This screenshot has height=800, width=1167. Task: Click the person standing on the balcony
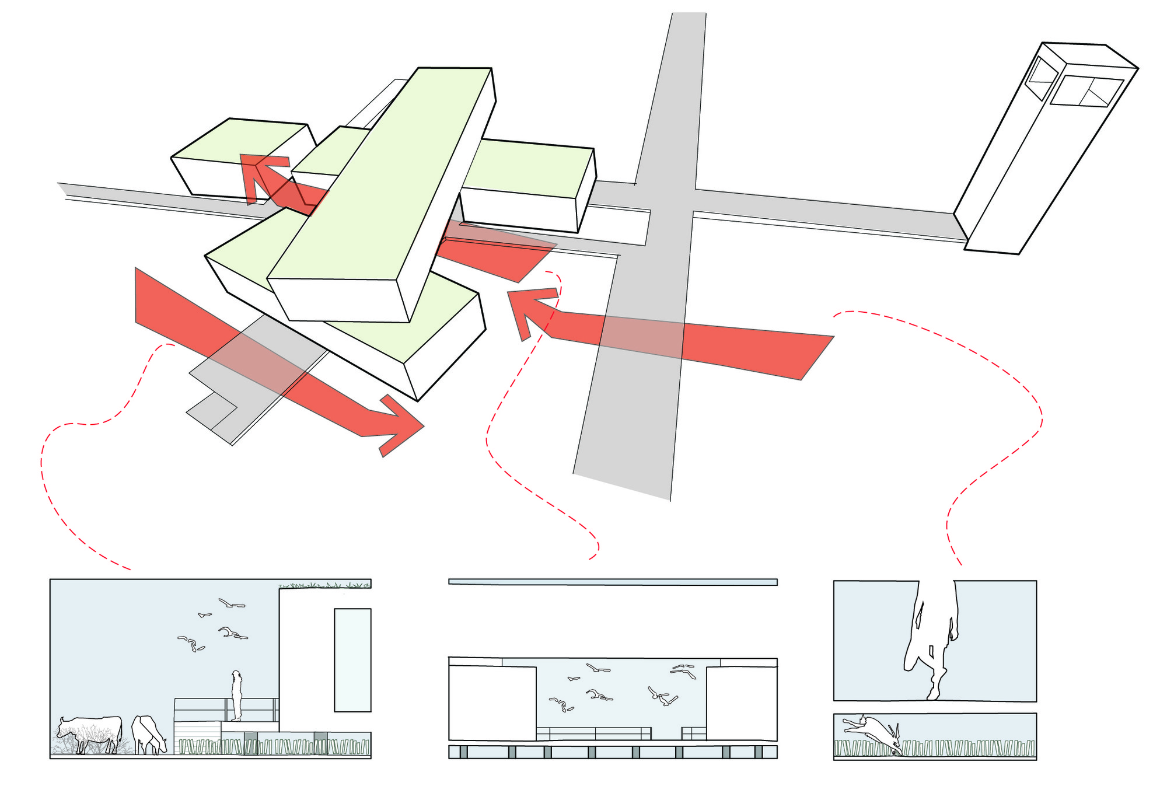click(236, 696)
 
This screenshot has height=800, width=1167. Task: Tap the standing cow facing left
click(90, 733)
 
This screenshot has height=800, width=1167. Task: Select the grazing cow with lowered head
click(148, 735)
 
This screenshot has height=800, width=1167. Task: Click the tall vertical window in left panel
click(352, 660)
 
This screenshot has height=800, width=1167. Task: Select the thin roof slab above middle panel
click(613, 582)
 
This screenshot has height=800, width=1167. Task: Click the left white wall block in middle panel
click(492, 703)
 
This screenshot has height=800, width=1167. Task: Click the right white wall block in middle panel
click(741, 703)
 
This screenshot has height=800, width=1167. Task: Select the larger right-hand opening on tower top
click(1086, 92)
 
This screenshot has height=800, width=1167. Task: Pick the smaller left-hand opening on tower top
click(1041, 78)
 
